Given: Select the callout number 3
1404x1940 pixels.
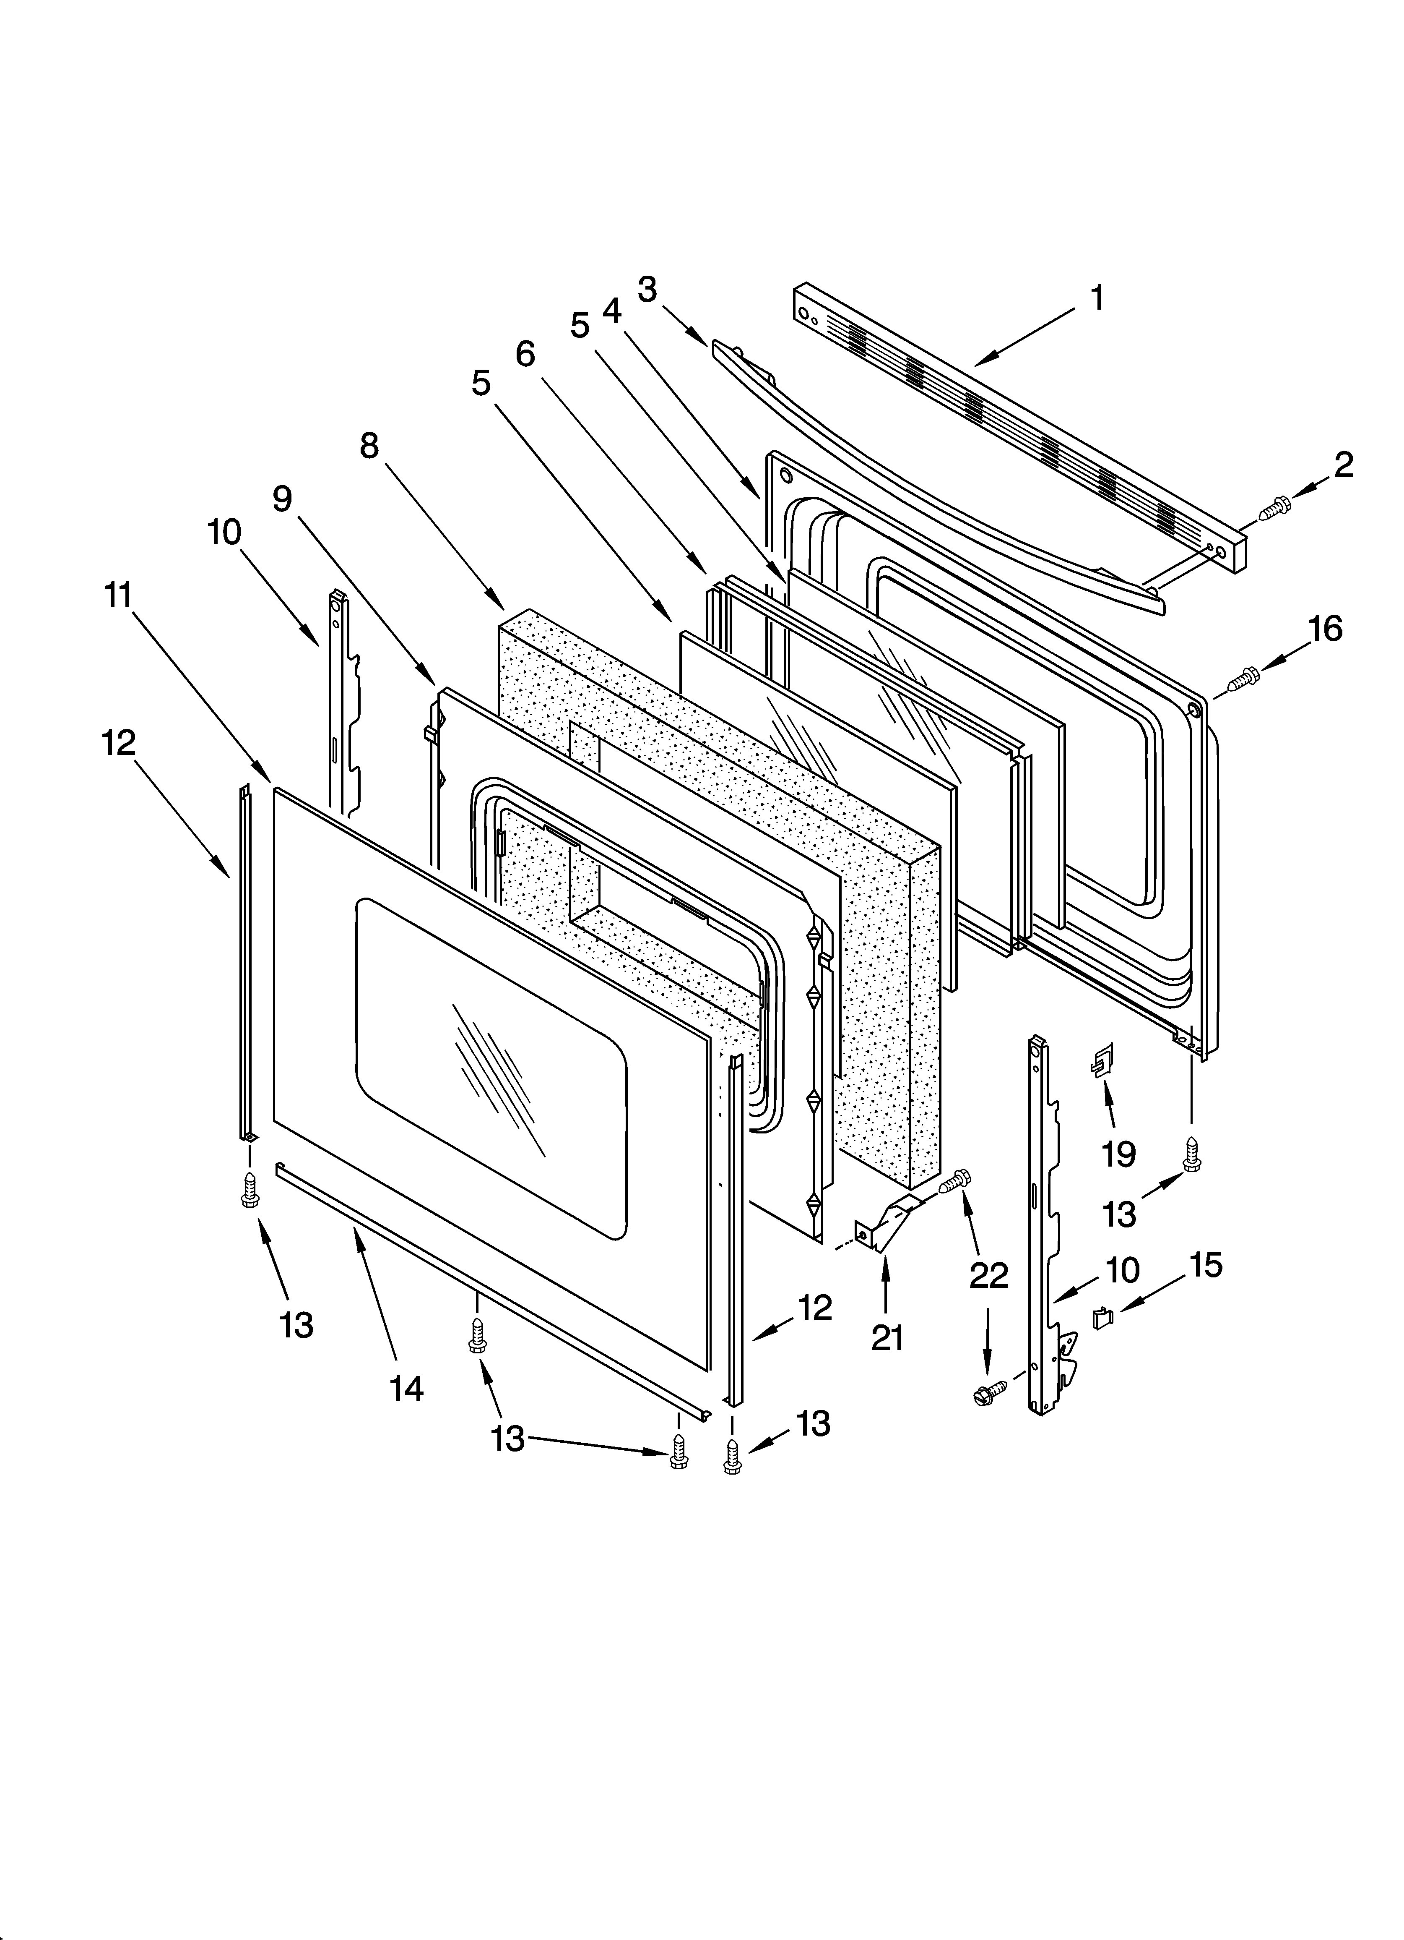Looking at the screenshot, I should (x=647, y=290).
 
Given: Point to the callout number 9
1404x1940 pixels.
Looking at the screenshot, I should (x=282, y=499).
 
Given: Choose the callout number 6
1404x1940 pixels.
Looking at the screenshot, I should (x=525, y=353).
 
